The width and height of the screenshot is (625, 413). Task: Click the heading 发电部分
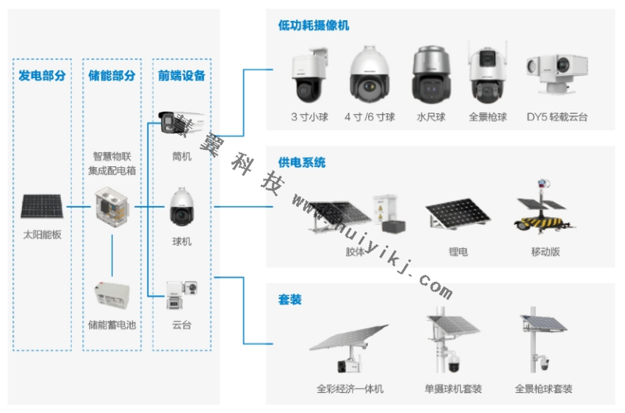click(x=42, y=76)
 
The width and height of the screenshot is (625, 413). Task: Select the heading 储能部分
click(x=112, y=76)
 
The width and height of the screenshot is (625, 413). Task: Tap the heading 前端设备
click(x=181, y=76)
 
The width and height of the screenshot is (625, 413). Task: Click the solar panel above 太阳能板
click(x=42, y=207)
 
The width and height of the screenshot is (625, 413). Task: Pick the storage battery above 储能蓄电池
click(x=112, y=297)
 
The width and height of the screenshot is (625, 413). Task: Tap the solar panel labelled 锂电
click(x=458, y=217)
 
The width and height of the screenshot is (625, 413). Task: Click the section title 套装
click(x=290, y=299)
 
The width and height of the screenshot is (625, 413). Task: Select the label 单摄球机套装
click(x=453, y=388)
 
